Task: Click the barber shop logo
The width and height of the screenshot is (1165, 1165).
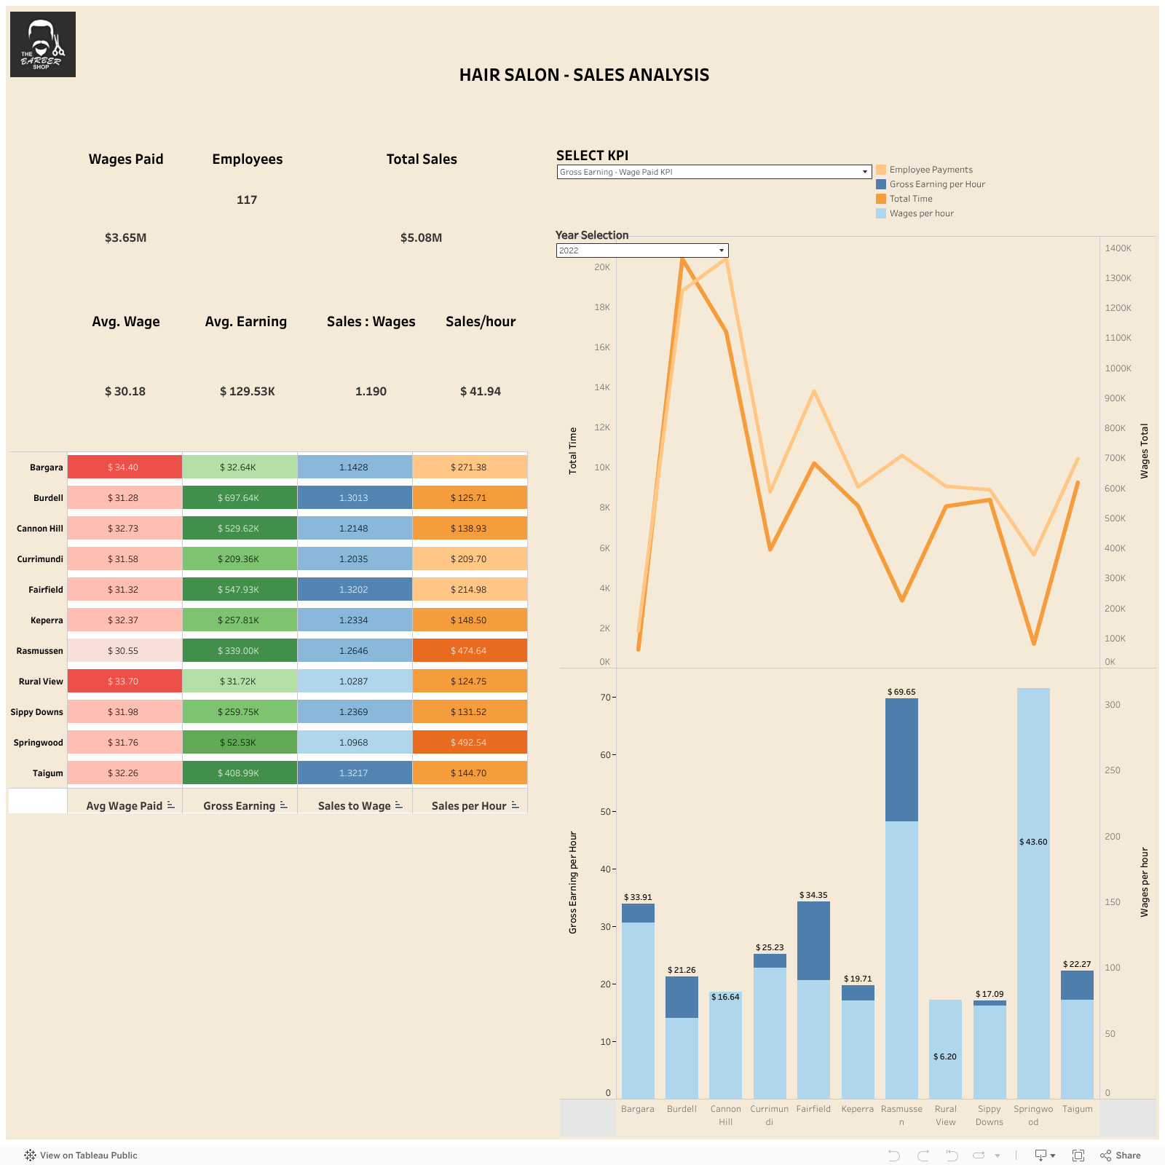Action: tap(43, 44)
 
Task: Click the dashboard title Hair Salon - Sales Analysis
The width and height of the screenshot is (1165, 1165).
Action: tap(584, 75)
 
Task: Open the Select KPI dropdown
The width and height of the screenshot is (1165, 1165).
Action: tap(714, 172)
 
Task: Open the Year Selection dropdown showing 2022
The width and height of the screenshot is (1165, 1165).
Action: tap(641, 250)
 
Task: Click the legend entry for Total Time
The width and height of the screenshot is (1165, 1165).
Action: tap(910, 199)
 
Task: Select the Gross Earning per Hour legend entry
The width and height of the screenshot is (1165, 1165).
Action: tap(936, 184)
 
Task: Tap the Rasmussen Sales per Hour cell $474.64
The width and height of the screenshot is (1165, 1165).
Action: tap(469, 651)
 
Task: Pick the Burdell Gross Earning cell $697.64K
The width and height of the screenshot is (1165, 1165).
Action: tap(239, 498)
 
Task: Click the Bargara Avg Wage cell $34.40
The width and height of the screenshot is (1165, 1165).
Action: tap(124, 467)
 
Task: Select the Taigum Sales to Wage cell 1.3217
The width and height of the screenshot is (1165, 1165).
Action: tap(354, 773)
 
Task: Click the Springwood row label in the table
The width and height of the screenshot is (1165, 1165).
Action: tap(38, 743)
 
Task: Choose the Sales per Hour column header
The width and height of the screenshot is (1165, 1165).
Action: tap(469, 806)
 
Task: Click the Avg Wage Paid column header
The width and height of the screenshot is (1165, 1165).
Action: tap(125, 806)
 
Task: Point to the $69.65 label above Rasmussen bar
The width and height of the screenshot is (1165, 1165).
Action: tap(901, 692)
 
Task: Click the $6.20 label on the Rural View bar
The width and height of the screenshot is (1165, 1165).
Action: tap(945, 1057)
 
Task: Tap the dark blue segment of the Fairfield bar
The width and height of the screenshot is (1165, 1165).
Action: tap(813, 941)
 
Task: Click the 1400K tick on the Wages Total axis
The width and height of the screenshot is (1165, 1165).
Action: tap(1118, 248)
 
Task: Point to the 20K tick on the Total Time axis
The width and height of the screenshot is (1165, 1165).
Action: tap(602, 267)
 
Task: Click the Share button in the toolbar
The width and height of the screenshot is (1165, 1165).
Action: tap(1121, 1156)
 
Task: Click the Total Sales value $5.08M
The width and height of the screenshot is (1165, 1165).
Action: tap(421, 238)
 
